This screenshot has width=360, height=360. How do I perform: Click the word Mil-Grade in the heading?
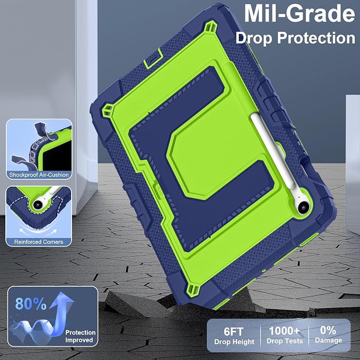pos(300,14)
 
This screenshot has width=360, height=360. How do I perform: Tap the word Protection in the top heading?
pos(316,38)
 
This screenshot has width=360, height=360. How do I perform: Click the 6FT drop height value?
pos(233,331)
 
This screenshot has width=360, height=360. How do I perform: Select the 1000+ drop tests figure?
pos(285,331)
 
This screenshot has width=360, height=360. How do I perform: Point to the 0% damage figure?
pos(328,330)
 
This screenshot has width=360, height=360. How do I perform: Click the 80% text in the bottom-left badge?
pos(31,303)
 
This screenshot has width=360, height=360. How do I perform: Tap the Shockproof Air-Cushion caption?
pos(39,175)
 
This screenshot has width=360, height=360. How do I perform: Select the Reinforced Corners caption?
pos(39,242)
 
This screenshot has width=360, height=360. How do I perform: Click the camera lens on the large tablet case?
pos(303,207)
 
